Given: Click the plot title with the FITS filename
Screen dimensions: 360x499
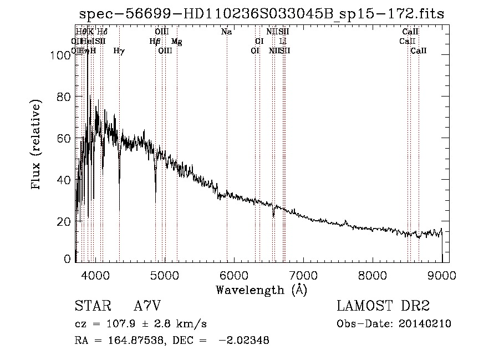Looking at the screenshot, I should pyautogui.click(x=261, y=14).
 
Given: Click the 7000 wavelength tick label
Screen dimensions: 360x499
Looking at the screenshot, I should pyautogui.click(x=303, y=275).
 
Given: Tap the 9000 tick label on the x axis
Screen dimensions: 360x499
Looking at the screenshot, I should pyautogui.click(x=441, y=275).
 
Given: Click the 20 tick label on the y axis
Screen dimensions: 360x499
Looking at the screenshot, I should pyautogui.click(x=64, y=221).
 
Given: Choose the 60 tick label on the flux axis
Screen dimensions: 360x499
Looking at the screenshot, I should pyautogui.click(x=64, y=138).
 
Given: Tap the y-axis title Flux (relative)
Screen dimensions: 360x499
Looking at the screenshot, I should pyautogui.click(x=37, y=145).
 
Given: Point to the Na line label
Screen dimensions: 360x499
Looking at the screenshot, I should pyautogui.click(x=226, y=32).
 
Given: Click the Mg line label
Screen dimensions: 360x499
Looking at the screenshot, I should pyautogui.click(x=176, y=42).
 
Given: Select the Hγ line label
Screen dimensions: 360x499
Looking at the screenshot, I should pyautogui.click(x=119, y=51).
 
